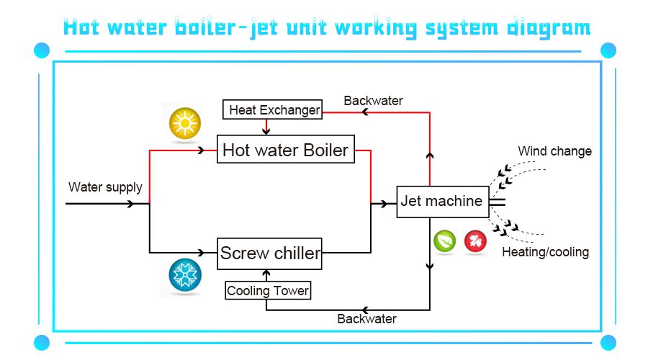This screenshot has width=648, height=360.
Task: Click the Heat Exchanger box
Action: point(274,110)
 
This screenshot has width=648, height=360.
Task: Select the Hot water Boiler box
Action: point(286,150)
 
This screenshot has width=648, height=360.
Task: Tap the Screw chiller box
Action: point(270,253)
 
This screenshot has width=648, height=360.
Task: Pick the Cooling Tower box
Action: point(268,291)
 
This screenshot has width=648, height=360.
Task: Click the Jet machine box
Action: point(441,201)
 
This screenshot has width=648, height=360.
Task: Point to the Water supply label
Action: point(105,187)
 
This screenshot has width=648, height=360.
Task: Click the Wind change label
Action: point(554,151)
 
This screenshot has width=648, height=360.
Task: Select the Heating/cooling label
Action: point(545,252)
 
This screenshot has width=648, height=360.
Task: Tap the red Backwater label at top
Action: point(373,101)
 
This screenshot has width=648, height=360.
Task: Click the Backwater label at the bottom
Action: point(367,318)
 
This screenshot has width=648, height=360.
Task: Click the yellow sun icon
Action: point(185,125)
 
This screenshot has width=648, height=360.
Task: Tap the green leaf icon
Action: point(444,241)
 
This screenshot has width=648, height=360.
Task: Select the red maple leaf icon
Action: point(475,241)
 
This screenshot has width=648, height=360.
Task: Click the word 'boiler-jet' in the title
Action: point(231,27)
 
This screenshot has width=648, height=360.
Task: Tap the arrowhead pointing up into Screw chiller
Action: point(267,274)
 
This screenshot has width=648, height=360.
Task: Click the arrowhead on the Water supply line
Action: point(130,204)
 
